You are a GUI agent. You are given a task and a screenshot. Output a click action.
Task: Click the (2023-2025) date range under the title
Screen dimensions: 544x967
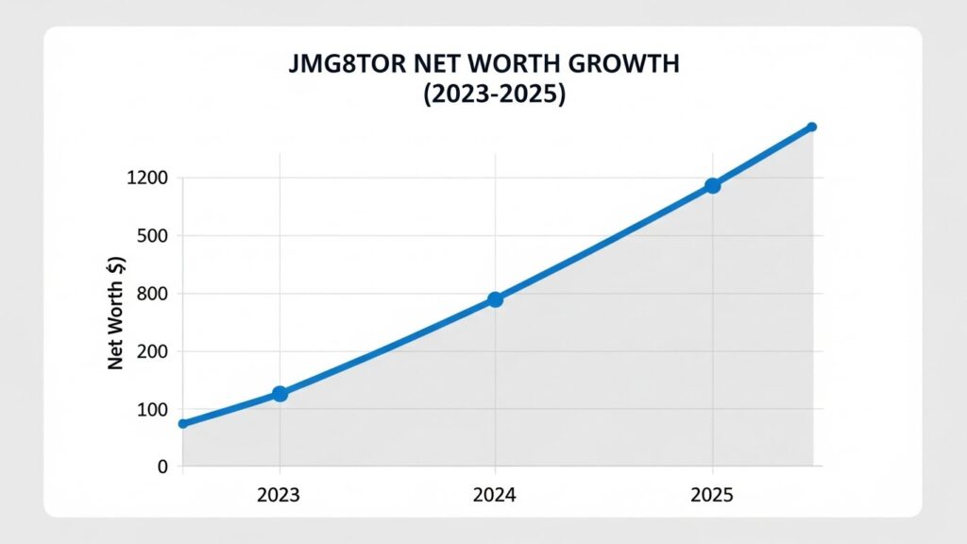click(x=483, y=95)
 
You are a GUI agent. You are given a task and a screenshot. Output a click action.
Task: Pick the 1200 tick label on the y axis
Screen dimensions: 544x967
click(x=145, y=178)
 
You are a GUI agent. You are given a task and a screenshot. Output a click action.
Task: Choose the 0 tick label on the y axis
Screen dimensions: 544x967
click(x=162, y=467)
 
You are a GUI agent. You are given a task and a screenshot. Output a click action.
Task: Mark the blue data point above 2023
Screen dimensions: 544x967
click(x=280, y=394)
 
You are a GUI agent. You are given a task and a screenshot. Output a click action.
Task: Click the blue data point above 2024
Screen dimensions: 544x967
click(x=495, y=299)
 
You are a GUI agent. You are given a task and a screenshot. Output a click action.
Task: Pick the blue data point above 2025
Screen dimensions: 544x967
click(x=712, y=186)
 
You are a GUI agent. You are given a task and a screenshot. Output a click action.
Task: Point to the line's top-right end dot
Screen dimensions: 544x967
click(x=811, y=127)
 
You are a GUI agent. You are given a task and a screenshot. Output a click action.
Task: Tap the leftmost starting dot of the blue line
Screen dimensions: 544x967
click(x=183, y=424)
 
